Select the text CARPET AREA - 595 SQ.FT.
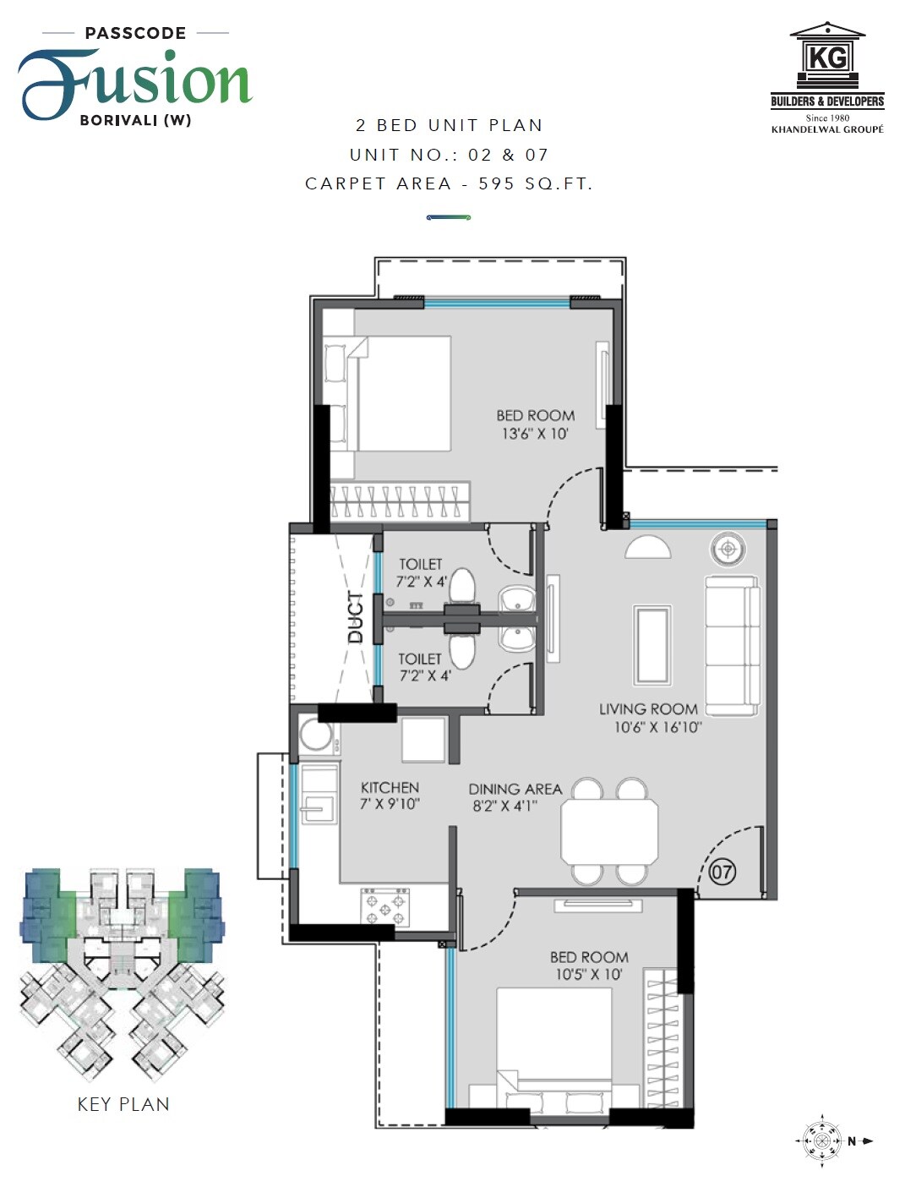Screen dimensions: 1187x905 coord(449,183)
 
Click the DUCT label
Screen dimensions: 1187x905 coord(356,617)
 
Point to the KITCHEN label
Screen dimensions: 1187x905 coord(390,787)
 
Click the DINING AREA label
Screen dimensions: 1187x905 coord(515,789)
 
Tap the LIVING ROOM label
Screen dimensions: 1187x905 coord(648,709)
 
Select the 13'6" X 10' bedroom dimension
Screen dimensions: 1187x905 coord(535,434)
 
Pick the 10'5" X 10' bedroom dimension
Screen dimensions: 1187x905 coord(588,975)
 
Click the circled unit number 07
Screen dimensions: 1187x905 coord(722,871)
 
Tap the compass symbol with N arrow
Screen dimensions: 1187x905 coord(822,1141)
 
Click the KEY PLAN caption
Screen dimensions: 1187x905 coord(123,1104)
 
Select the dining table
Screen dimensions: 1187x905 coord(609,831)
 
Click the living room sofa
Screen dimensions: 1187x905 coord(732,645)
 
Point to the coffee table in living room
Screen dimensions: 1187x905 coord(652,644)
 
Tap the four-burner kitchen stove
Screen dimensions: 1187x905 coord(384,908)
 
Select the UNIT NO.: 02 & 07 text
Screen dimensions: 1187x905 coord(449,155)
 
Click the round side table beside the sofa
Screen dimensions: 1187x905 coord(728,549)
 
